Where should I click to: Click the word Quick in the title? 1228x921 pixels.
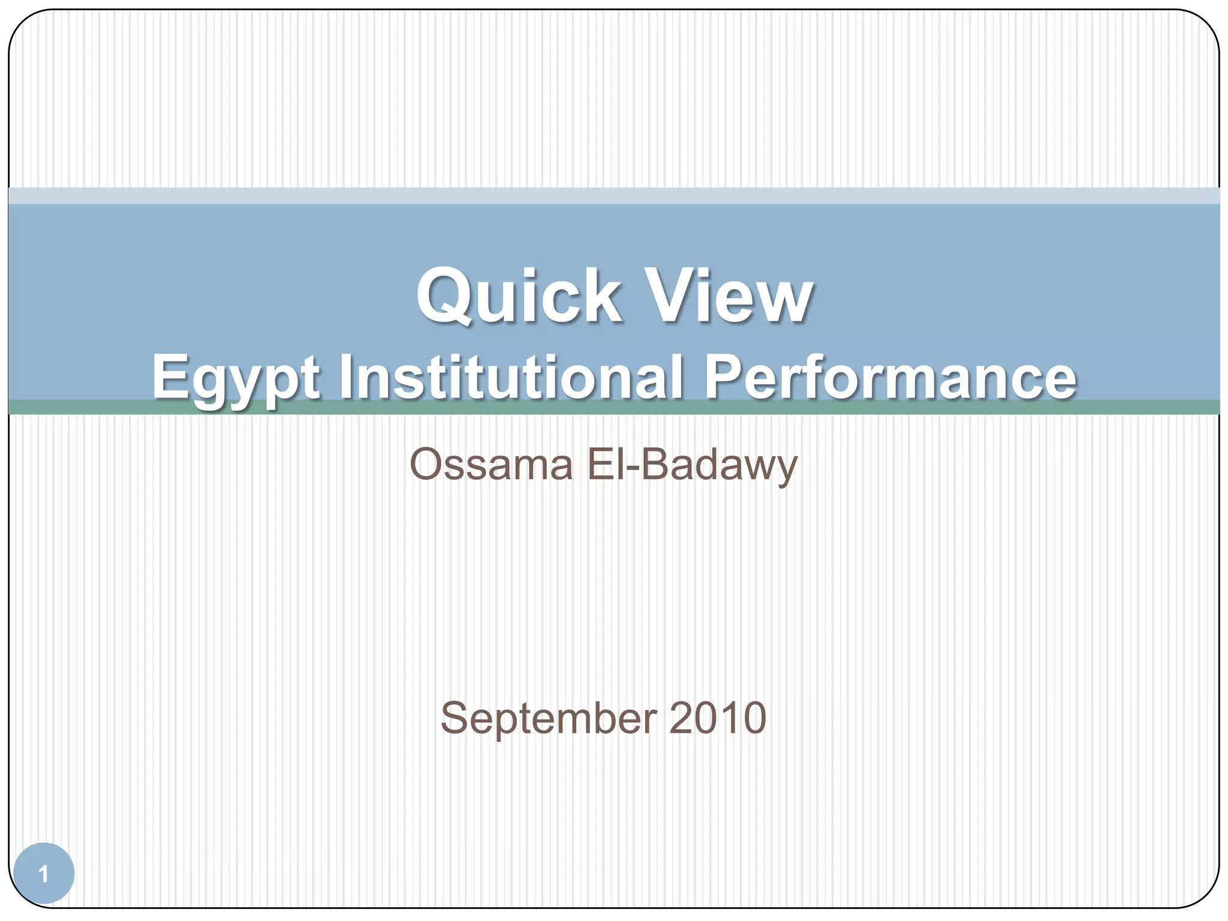pos(519,296)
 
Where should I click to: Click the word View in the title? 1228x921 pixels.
pos(731,296)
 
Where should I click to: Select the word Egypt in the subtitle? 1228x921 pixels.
pos(236,379)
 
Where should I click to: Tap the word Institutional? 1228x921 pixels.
pos(511,378)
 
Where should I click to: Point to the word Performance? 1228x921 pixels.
pos(890,378)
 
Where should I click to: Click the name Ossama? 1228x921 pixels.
pos(491,465)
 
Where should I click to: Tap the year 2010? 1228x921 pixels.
pos(718,718)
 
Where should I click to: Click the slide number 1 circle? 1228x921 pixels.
pos(43,874)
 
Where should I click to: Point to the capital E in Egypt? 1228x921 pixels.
pos(169,377)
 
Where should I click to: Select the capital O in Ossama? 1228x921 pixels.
pos(427,465)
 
